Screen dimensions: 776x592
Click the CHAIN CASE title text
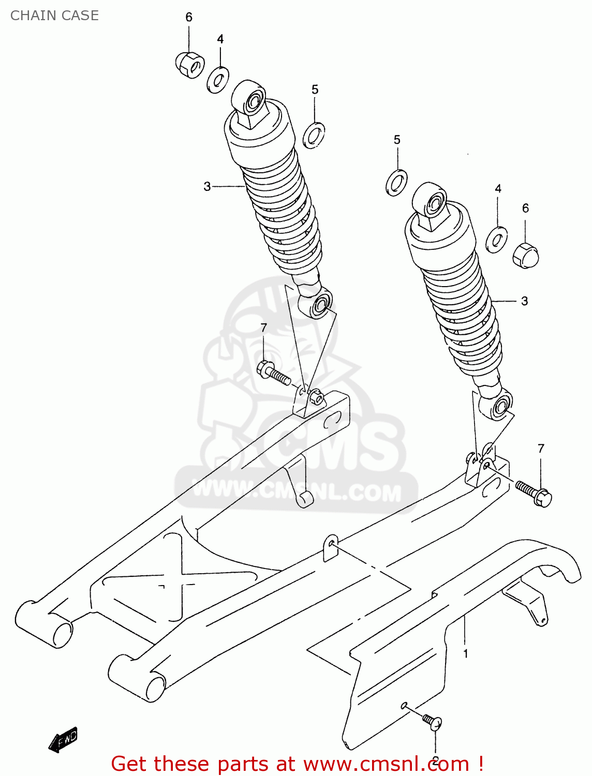tap(54, 16)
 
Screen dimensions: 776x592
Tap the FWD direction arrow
tap(63, 740)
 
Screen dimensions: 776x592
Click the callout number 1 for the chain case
tap(466, 654)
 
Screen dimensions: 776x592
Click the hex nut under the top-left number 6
tap(189, 65)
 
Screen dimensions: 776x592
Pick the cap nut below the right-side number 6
tap(526, 255)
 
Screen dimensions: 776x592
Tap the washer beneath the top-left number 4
tap(218, 80)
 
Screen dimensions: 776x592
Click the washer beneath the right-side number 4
tap(496, 240)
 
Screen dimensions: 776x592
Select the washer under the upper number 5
tap(314, 135)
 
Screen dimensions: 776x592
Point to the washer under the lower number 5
tap(396, 183)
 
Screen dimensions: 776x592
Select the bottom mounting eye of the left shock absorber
tap(321, 305)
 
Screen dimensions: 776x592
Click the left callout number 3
tap(207, 186)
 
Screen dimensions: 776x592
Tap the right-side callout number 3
tap(524, 301)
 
